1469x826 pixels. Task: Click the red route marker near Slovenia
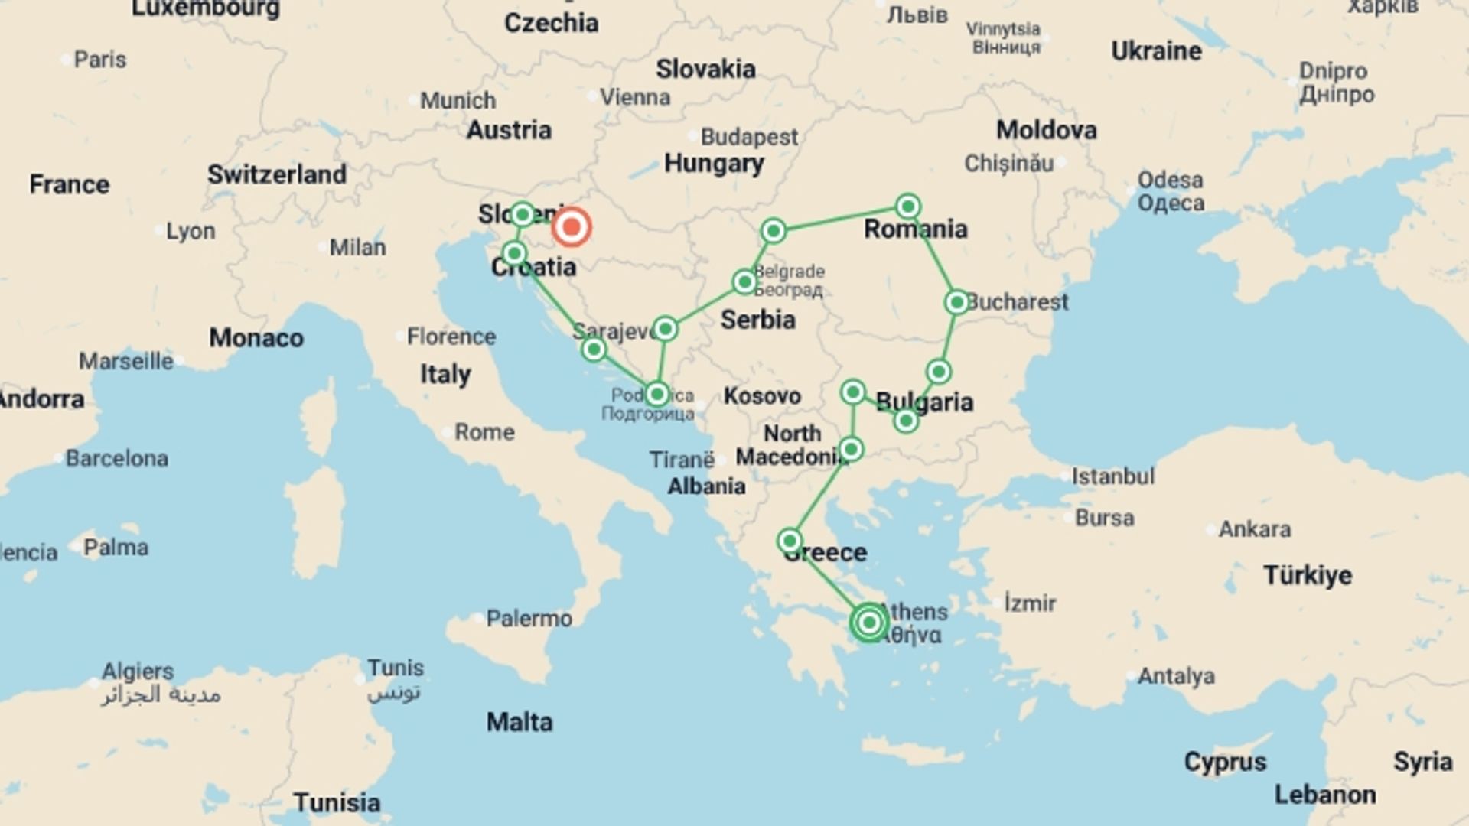click(572, 227)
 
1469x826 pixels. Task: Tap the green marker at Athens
click(868, 623)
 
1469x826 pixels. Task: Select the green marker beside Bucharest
click(956, 302)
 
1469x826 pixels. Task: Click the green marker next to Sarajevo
click(665, 329)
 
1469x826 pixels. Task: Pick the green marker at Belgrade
click(744, 282)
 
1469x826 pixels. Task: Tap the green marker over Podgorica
click(656, 395)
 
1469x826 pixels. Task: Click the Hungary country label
click(713, 163)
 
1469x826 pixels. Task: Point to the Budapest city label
click(748, 137)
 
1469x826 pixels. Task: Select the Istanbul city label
click(1112, 476)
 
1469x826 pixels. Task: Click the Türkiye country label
click(1307, 575)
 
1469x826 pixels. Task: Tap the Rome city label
click(484, 432)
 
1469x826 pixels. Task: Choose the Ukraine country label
click(1155, 51)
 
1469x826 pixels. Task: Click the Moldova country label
click(1046, 130)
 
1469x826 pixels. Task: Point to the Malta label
click(520, 722)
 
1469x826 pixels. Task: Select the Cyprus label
click(1225, 762)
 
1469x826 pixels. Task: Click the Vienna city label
click(634, 97)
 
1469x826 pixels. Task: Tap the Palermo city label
click(529, 618)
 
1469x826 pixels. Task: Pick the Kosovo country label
click(762, 395)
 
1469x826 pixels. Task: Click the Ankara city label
click(1254, 528)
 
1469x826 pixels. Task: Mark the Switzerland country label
click(277, 174)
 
